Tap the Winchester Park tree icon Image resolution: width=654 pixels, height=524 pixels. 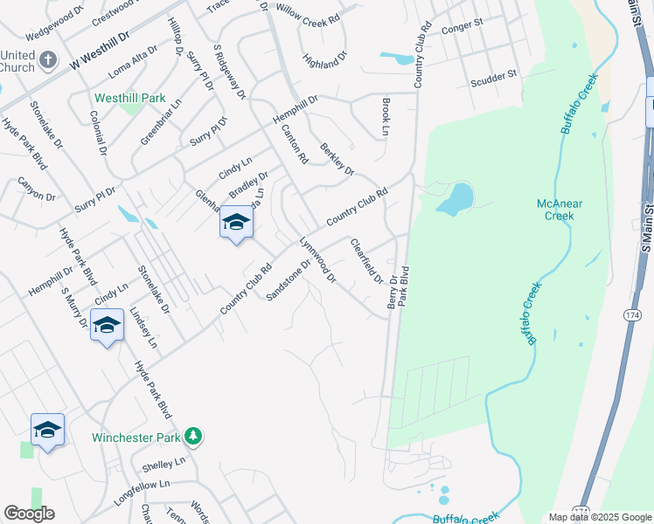click(193, 436)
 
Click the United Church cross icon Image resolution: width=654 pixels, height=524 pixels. click(48, 61)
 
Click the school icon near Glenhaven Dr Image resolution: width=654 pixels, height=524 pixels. click(236, 224)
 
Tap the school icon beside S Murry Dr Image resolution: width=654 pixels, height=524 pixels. click(107, 327)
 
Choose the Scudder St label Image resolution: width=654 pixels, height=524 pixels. click(496, 78)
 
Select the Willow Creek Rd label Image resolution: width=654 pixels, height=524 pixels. click(307, 15)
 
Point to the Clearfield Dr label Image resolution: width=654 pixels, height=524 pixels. click(366, 259)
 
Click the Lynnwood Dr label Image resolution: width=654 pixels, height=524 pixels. click(318, 259)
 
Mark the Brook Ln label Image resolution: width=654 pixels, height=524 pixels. click(385, 116)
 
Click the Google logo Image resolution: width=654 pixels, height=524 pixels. click(29, 514)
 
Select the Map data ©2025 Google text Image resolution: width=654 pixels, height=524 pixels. click(599, 517)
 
